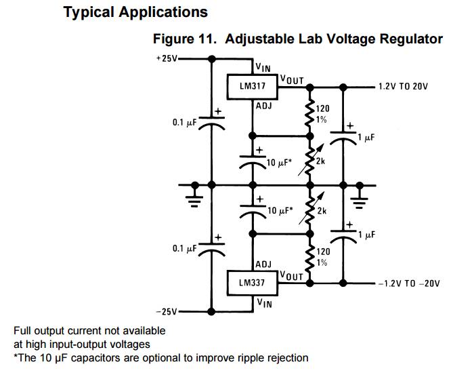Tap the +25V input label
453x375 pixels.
[x=166, y=58]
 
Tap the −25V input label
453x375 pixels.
[x=166, y=312]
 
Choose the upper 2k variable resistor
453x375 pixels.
[x=311, y=160]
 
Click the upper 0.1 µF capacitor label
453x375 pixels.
[x=184, y=123]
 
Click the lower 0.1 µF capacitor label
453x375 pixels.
[x=184, y=249]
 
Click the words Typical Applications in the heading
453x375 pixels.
[x=135, y=12]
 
